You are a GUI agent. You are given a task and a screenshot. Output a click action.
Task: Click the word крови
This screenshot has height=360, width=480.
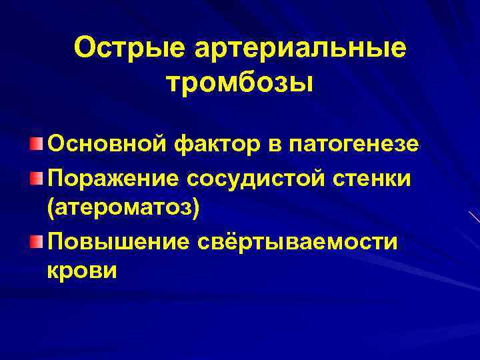82,271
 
